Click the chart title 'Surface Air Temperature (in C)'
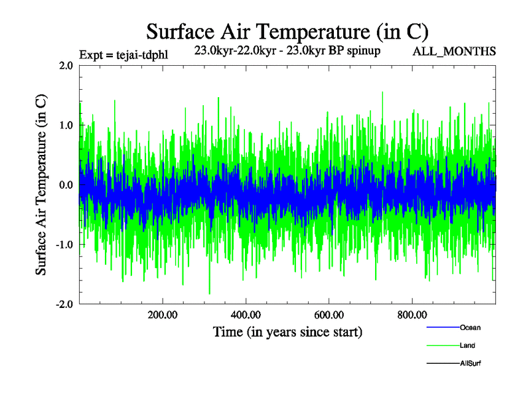pos(287,31)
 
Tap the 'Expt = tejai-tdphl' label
pos(123,55)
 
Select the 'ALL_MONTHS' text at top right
pos(454,51)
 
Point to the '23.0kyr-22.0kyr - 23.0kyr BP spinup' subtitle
pos(287,51)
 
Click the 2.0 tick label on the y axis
pos(66,65)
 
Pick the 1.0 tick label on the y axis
pos(66,125)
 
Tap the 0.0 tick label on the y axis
pos(66,185)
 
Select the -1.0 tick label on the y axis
pos(65,245)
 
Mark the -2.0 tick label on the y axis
pos(65,305)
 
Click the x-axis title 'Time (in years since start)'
pos(287,331)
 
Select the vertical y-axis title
pos(41,185)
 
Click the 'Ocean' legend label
pos(470,327)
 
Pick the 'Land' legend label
pos(467,345)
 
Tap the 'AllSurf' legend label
pos(471,363)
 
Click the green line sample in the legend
pos(442,345)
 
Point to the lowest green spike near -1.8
pos(210,293)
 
